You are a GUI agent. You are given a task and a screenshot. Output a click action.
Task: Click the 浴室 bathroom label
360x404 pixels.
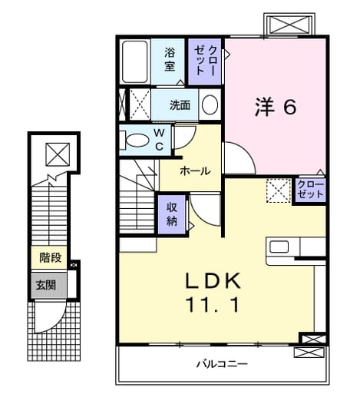(170, 59)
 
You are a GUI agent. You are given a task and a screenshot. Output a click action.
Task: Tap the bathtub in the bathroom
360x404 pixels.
(135, 62)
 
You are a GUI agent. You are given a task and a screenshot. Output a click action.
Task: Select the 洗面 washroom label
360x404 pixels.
(180, 105)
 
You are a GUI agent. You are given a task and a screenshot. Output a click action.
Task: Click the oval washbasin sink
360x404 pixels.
(210, 105)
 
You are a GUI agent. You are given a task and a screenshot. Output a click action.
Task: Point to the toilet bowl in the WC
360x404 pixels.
(137, 140)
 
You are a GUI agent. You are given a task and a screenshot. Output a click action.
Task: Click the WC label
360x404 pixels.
(160, 140)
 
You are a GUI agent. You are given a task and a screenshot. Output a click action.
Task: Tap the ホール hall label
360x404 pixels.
(195, 171)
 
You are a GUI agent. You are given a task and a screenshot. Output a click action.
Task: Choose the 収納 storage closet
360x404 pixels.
(172, 214)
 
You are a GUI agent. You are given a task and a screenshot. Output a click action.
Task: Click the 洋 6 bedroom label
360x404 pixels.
(276, 107)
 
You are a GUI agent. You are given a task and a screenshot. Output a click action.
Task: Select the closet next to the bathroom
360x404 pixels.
(205, 62)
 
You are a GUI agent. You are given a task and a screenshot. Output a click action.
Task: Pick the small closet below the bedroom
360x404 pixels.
(310, 190)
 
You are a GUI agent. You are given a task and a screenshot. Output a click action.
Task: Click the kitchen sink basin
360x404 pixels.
(279, 247)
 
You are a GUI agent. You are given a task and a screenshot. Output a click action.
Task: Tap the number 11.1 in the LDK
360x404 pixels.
(213, 305)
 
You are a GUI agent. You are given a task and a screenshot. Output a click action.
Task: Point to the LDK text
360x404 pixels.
(213, 280)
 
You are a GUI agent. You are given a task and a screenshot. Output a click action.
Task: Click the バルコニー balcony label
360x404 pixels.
(222, 364)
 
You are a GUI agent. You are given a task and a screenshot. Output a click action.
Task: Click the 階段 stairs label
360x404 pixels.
(51, 257)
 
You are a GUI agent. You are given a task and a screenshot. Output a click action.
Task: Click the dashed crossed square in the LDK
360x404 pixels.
(279, 190)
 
